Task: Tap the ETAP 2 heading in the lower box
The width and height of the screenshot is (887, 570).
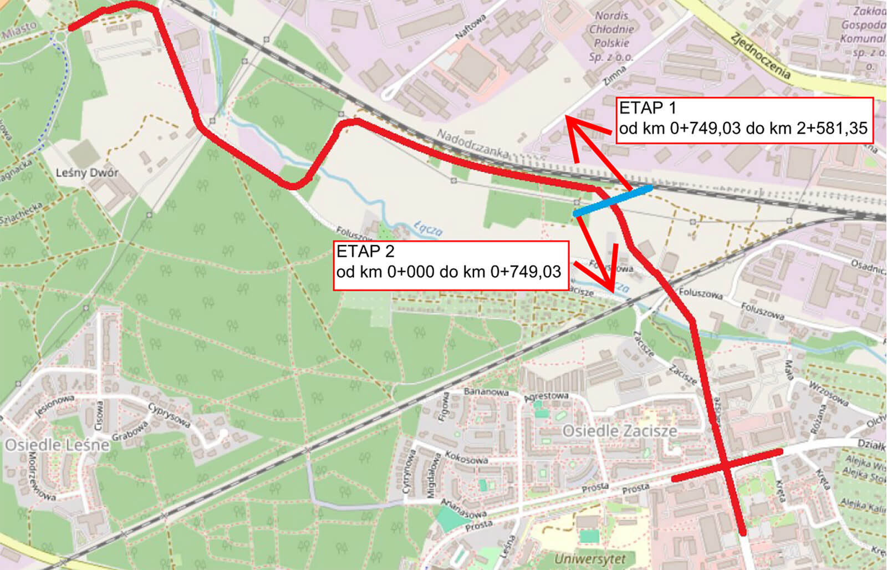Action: (365, 251)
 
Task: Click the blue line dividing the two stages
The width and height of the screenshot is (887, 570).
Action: (613, 201)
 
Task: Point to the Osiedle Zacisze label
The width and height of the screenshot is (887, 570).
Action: (619, 431)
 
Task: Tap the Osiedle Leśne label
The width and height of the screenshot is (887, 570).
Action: (57, 445)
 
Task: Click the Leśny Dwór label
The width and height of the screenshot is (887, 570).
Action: (87, 173)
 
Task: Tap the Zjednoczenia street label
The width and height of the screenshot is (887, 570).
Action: (760, 56)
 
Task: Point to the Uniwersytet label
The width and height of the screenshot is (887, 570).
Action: (589, 559)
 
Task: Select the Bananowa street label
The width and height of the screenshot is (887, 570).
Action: (486, 391)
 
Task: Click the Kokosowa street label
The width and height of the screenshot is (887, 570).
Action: (466, 457)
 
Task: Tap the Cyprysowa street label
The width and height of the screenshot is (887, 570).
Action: (169, 415)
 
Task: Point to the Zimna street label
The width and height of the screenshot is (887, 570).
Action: (614, 75)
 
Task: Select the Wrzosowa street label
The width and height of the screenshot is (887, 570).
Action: (828, 393)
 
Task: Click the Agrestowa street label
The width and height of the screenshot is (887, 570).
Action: (547, 396)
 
